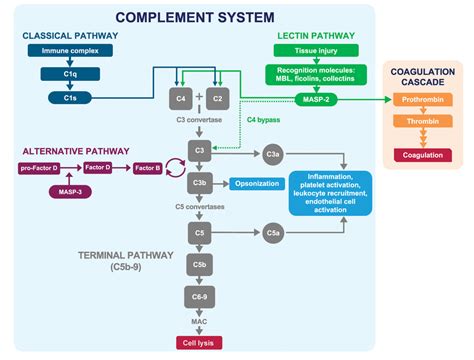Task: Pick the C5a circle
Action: (272, 233)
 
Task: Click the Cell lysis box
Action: (200, 342)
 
